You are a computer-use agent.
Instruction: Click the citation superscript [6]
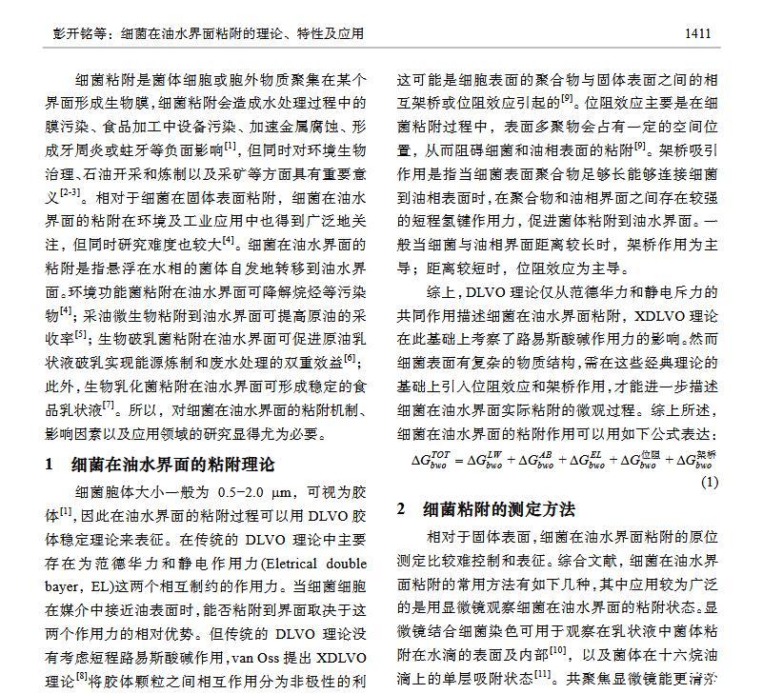tap(351, 358)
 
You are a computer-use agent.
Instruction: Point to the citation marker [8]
tap(82, 678)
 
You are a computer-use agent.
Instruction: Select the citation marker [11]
tap(543, 674)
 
